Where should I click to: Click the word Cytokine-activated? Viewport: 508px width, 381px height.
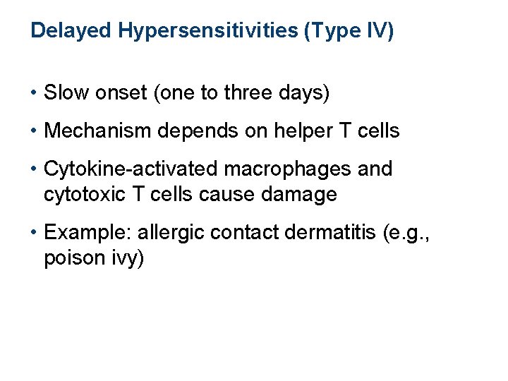132,169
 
